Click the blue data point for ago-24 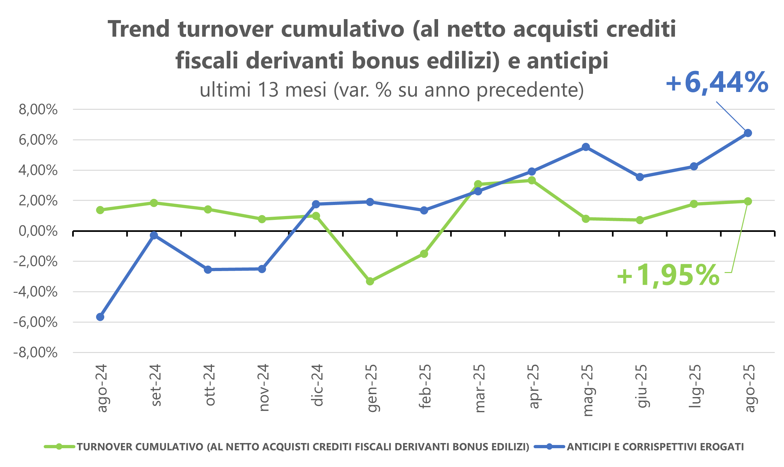click(x=100, y=317)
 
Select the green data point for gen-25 click(x=370, y=281)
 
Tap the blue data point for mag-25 click(x=586, y=147)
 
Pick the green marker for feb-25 click(x=424, y=254)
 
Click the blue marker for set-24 click(x=154, y=235)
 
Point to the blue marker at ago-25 click(x=748, y=133)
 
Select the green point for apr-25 click(x=532, y=180)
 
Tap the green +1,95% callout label click(x=668, y=276)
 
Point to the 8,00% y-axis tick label click(x=38, y=110)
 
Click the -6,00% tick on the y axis click(x=35, y=322)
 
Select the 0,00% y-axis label click(x=38, y=231)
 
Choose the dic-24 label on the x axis click(x=317, y=385)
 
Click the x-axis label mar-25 click(x=479, y=388)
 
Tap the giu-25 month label click(x=641, y=386)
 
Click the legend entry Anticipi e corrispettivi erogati click(x=655, y=447)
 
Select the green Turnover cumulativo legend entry click(x=303, y=447)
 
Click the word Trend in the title click(x=139, y=29)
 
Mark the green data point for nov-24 click(x=262, y=219)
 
